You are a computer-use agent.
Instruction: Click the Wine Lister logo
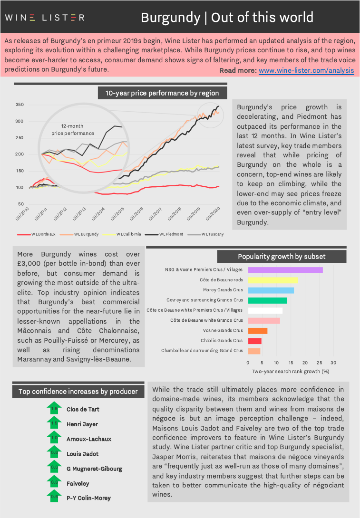coord(45,18)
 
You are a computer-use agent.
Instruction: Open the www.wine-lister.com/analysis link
coord(306,70)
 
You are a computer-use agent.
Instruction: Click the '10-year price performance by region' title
coord(162,93)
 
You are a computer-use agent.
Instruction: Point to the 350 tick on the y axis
coord(20,105)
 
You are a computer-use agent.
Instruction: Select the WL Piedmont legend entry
coord(164,234)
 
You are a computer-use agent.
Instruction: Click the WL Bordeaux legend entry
coord(36,234)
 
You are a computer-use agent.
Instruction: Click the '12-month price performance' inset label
coord(73,129)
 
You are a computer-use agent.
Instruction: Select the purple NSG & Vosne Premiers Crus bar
coord(285,270)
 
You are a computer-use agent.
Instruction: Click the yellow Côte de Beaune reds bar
coord(272,280)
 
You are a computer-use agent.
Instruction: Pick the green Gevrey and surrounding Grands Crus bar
coord(267,300)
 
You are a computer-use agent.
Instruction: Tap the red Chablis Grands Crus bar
coord(254,341)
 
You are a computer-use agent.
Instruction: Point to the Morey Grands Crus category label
coord(223,290)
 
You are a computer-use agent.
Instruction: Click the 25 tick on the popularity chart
coord(319,363)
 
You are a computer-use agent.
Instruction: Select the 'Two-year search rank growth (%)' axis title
coord(291,371)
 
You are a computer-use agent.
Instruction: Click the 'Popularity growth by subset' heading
coord(282,257)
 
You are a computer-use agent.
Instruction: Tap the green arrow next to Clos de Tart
coord(54,408)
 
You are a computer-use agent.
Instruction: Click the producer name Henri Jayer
coord(82,424)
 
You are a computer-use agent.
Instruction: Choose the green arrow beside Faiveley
coord(54,482)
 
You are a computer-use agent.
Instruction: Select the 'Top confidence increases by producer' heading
coord(78,392)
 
